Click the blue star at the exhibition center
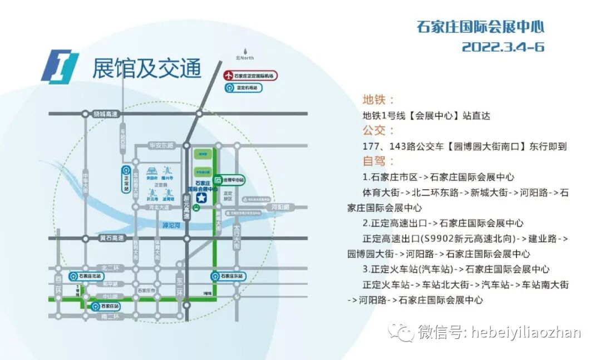click(x=201, y=196)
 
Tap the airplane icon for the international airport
click(x=228, y=76)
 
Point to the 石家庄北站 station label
click(x=90, y=276)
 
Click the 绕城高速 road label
click(x=106, y=114)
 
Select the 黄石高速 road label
click(x=111, y=238)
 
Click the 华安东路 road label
click(x=161, y=146)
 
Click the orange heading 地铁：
click(x=379, y=100)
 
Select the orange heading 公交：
click(x=379, y=131)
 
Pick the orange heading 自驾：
click(x=379, y=161)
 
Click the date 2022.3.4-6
click(x=503, y=47)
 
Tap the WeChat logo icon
click(x=401, y=332)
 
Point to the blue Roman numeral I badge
click(x=60, y=67)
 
